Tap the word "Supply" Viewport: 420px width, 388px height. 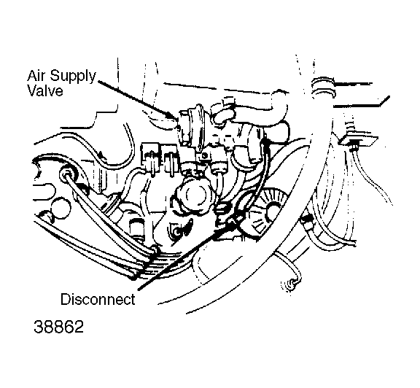pyautogui.click(x=73, y=77)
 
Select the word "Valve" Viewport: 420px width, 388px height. pyautogui.click(x=45, y=91)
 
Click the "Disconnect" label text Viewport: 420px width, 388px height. pyautogui.click(x=98, y=299)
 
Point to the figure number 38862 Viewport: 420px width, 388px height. pyautogui.click(x=58, y=327)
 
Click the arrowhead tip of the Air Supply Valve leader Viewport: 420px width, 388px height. pyautogui.click(x=176, y=120)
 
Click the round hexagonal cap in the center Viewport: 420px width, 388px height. pyautogui.click(x=193, y=197)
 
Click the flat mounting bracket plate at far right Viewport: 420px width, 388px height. pyautogui.click(x=359, y=139)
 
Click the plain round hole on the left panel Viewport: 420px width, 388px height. pyautogui.click(x=61, y=209)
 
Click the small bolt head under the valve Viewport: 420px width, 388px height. pyautogui.click(x=205, y=155)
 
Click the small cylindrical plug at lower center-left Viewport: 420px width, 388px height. pyautogui.click(x=136, y=228)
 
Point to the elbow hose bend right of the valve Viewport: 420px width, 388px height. pyautogui.click(x=279, y=107)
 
